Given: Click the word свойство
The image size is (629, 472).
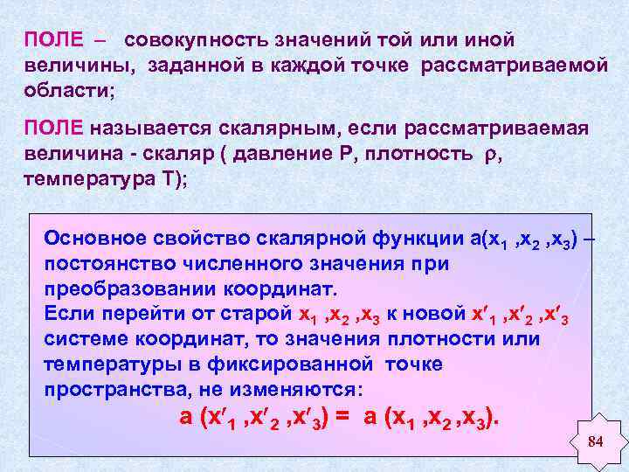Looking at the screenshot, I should tap(209, 238).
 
